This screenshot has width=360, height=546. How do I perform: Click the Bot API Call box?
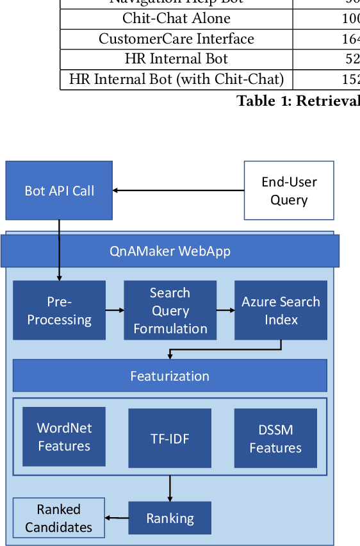pos(59,190)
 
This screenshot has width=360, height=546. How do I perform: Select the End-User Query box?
pos(288,190)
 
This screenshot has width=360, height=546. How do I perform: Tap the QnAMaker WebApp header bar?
pos(170,251)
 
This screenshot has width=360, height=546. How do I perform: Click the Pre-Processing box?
pos(59,310)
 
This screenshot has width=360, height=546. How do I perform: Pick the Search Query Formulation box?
pos(170,310)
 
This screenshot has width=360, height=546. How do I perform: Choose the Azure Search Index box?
pos(281,310)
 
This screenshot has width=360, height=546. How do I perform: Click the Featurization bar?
pos(170,376)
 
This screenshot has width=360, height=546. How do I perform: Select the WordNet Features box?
pos(64,437)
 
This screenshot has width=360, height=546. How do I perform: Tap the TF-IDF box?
pos(170,438)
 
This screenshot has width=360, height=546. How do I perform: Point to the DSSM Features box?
pos(275,438)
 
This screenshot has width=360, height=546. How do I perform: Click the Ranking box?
pos(170,518)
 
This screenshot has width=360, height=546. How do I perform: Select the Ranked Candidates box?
pos(59,518)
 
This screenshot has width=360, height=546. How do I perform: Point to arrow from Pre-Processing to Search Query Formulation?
pos(115,310)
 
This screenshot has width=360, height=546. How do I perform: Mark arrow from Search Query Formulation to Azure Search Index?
pos(225,310)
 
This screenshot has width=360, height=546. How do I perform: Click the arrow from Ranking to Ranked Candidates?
pos(117,518)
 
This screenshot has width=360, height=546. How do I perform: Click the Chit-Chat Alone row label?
pos(176,19)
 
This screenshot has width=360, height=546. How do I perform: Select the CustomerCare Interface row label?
pos(176,39)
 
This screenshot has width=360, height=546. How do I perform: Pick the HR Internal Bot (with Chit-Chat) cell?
pos(176,79)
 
